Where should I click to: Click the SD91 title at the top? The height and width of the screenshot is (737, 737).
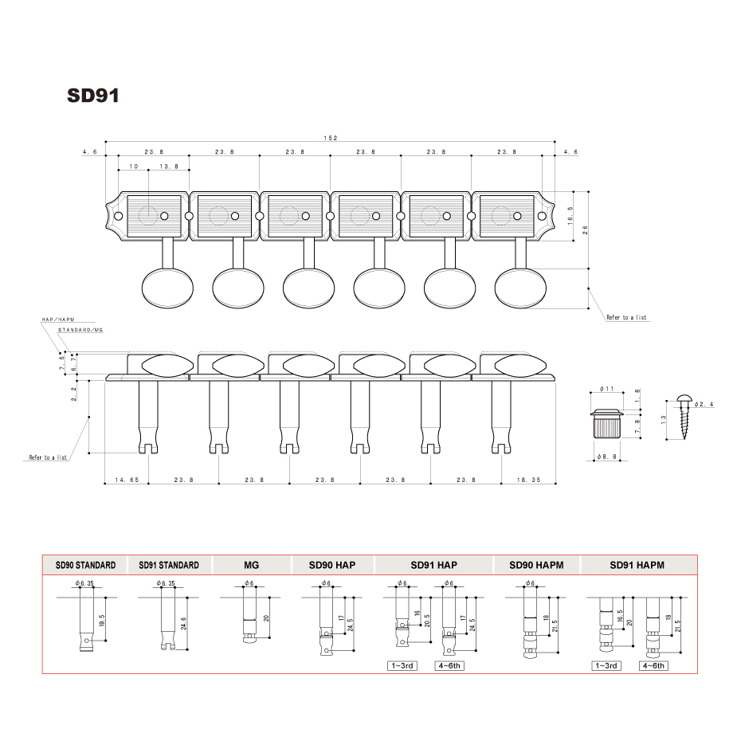[94, 96]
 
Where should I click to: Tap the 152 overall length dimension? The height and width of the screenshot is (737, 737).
[330, 138]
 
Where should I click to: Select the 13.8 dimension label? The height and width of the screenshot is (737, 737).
[169, 167]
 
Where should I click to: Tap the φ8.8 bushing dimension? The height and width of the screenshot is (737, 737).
[608, 457]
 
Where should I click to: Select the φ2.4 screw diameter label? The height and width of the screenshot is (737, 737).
[704, 405]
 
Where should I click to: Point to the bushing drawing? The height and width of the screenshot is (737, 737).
[607, 427]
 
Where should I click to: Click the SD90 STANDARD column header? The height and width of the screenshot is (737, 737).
[85, 565]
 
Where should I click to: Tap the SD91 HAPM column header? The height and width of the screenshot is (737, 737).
[637, 565]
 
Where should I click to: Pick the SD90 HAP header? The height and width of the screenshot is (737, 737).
[332, 565]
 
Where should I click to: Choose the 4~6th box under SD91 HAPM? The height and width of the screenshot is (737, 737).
[653, 665]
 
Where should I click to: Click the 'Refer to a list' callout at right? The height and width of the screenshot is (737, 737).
[627, 317]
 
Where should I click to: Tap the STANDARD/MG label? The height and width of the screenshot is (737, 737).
[80, 330]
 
